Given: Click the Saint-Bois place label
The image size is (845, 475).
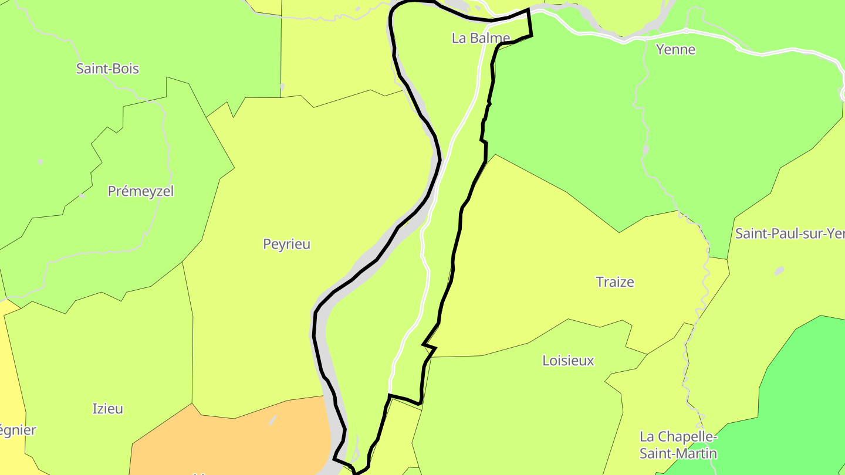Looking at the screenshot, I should pyautogui.click(x=107, y=69).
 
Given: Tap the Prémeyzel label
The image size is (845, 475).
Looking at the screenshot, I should pyautogui.click(x=141, y=191).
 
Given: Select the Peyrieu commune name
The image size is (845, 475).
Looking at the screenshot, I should pyautogui.click(x=286, y=244).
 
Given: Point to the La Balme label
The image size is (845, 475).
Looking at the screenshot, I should pyautogui.click(x=481, y=38).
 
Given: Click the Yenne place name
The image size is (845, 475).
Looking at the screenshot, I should pyautogui.click(x=675, y=49).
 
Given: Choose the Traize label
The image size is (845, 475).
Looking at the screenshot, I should pyautogui.click(x=615, y=282).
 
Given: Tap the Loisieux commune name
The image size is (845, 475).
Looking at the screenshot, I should pyautogui.click(x=568, y=361).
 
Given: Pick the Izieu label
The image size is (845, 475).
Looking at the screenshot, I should pyautogui.click(x=108, y=409).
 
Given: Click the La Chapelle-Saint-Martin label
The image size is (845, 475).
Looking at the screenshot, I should pyautogui.click(x=678, y=445).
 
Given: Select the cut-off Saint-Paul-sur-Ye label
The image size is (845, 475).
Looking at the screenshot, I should pyautogui.click(x=789, y=233).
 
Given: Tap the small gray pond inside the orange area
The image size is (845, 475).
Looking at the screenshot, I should pyautogui.click(x=273, y=420).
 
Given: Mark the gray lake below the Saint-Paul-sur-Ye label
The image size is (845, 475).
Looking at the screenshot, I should pyautogui.click(x=779, y=271).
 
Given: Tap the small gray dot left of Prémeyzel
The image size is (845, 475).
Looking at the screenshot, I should pyautogui.click(x=83, y=195).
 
